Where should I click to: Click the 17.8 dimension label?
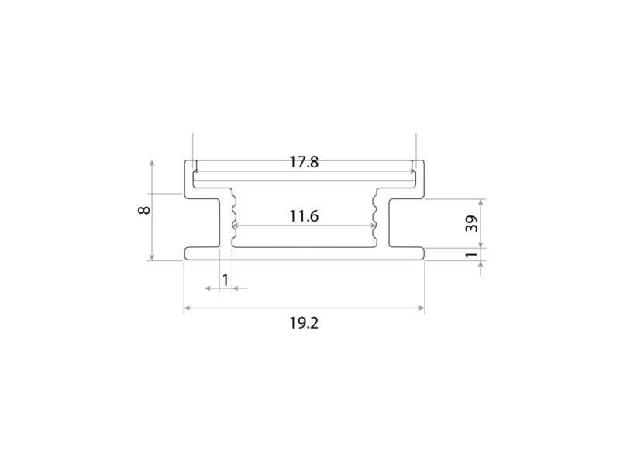tap(304, 162)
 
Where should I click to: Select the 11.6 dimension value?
tap(304, 216)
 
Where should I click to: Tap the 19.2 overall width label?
tap(304, 323)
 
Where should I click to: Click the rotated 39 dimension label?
tap(472, 223)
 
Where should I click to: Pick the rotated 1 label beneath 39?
tap(472, 255)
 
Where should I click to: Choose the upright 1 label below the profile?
tap(226, 280)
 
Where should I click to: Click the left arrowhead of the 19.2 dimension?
tap(188, 308)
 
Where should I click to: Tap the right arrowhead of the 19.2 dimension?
tap(421, 308)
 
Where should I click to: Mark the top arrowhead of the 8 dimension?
tap(152, 164)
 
